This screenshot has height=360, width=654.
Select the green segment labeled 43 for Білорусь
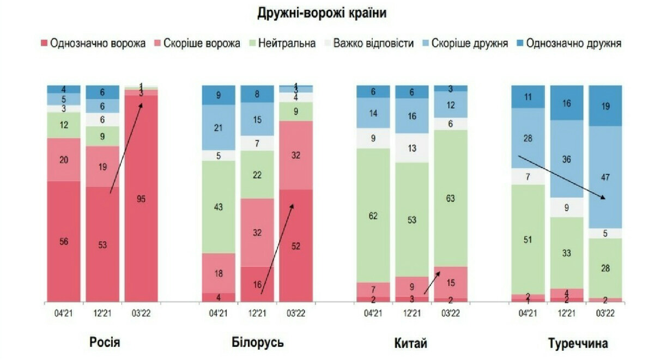coord(218,207)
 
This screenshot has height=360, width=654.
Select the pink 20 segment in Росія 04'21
coord(63,159)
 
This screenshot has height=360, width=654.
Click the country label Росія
coord(105,343)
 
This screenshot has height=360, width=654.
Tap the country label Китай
coord(410,343)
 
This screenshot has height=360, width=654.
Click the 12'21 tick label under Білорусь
coord(257,314)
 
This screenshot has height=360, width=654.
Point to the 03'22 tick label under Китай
coord(451,314)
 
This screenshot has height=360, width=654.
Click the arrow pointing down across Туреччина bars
coord(561,177)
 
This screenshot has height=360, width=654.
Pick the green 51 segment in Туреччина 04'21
coord(528,240)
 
